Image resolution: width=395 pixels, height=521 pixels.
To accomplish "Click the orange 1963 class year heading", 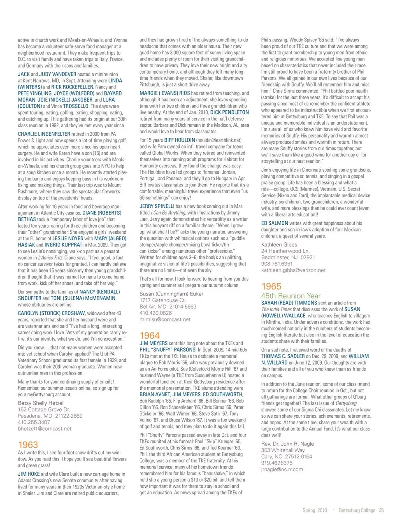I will [28, 445].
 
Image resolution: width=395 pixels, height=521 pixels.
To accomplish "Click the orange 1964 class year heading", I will [150, 335].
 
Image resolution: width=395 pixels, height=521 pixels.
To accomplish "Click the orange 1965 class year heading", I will [271, 286].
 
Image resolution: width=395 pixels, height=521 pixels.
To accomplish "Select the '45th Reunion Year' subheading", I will [290, 295].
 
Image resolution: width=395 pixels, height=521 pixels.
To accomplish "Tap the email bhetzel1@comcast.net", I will [44, 428].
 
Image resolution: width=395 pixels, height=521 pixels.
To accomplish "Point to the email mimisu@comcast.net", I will [165, 319].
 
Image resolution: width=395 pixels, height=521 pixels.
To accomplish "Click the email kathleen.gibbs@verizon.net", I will [293, 270].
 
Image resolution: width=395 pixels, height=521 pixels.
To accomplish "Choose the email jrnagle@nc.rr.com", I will [282, 469].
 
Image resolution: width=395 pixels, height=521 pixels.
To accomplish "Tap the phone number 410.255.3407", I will [34, 422].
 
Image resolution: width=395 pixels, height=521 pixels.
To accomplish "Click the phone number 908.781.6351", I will [277, 264].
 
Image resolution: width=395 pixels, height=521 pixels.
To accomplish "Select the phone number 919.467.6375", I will [277, 463].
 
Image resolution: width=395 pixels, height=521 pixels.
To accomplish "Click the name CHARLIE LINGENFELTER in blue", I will [44, 134].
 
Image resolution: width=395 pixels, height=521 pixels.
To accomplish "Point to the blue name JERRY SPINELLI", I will [157, 206].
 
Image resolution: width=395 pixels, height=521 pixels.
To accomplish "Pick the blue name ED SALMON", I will [274, 223].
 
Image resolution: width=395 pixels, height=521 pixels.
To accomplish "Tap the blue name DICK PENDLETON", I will [229, 112].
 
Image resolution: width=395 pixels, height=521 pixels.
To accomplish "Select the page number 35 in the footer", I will [381, 510].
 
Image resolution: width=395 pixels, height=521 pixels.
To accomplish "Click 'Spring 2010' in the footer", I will [315, 510].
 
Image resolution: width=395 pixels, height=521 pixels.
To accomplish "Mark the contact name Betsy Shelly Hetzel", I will [41, 403].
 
